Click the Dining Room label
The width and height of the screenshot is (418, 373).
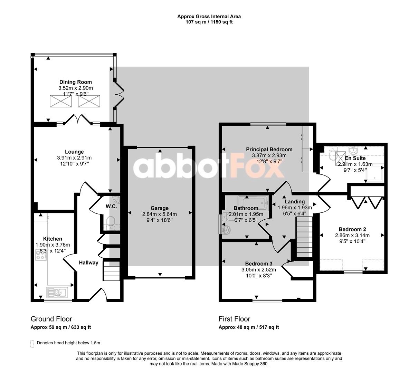click(x=76, y=82)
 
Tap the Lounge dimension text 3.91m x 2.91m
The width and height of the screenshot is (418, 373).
click(x=74, y=158)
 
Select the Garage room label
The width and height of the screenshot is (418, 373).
click(x=159, y=208)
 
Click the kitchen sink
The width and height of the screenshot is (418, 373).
click(x=57, y=293)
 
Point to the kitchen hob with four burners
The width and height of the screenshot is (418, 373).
click(x=41, y=255)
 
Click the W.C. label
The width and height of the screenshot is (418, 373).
click(x=111, y=206)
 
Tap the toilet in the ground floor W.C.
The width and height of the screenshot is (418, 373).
click(x=111, y=221)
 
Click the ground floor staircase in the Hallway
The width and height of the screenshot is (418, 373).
click(x=112, y=271)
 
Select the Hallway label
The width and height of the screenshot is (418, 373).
click(x=88, y=262)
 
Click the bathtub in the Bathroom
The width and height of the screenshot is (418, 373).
click(x=253, y=203)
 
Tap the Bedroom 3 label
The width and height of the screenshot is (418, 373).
click(x=258, y=264)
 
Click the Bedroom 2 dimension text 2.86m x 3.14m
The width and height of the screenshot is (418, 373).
click(x=352, y=236)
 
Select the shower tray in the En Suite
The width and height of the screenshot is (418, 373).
click(x=374, y=172)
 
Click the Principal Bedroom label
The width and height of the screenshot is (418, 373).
click(x=269, y=149)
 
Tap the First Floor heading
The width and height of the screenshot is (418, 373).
click(x=234, y=319)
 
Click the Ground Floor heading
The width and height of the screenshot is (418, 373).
click(x=51, y=319)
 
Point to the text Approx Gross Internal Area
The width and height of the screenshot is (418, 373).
click(x=209, y=17)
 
